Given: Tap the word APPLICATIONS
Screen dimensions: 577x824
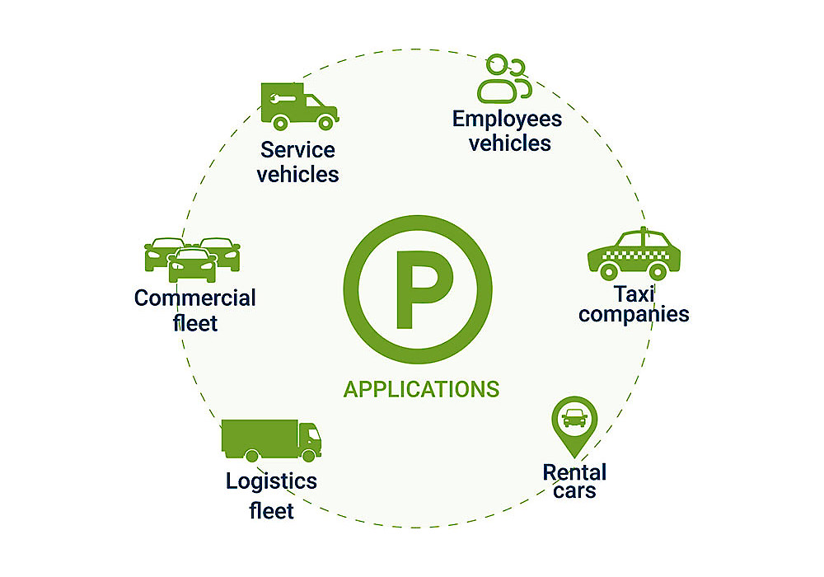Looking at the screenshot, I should (421, 388).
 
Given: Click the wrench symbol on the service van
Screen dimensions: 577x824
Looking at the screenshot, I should (281, 98).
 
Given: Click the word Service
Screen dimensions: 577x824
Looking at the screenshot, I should (297, 150).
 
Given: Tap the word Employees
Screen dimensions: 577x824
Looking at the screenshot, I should (507, 119).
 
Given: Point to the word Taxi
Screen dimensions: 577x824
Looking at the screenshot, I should (634, 293).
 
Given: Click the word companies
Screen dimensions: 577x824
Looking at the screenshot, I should (634, 314).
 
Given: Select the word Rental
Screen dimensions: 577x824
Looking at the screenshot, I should (574, 472).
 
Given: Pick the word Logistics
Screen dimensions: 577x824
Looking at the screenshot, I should (271, 481).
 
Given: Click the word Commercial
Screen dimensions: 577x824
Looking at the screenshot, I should (195, 298).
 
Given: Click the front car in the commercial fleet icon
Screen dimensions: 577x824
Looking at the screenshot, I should (192, 266).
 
